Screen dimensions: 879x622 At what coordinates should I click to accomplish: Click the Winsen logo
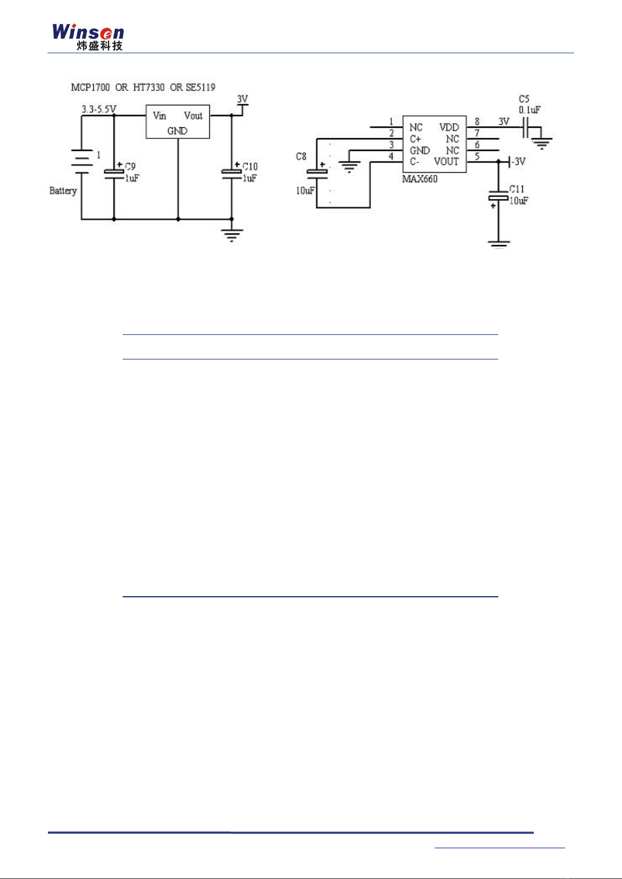coord(88,37)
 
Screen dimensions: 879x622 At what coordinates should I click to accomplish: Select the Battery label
coord(63,191)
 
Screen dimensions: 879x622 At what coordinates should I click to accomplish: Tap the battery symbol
coord(81,161)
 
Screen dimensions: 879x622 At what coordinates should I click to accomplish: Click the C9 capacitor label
coord(130,166)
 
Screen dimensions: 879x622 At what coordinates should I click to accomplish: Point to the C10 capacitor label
coord(250,166)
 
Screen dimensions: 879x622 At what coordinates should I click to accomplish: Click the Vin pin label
coord(160,116)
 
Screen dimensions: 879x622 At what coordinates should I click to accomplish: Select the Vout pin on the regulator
coord(193,116)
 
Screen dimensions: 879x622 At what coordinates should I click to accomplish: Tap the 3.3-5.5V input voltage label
coord(99,109)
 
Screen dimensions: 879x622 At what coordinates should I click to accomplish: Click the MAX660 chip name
coord(420,179)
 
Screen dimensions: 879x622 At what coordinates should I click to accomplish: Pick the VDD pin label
coord(449,127)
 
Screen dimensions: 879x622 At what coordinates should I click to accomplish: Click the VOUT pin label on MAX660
coord(446,162)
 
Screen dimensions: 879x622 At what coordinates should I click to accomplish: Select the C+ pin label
coord(415,139)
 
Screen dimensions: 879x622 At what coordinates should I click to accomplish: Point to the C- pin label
coord(414,162)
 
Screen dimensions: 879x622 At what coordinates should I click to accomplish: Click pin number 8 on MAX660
coord(477,122)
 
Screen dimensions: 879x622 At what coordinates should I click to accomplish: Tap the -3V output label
coord(517,161)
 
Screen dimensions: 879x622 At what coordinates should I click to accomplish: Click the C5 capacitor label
coord(524,99)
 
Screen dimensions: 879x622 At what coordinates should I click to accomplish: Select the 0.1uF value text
coord(529,110)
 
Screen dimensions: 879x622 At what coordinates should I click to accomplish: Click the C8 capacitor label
coord(301,156)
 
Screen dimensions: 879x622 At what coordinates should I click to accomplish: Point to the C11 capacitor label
coord(517,189)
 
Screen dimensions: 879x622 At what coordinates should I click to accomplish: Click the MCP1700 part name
coord(90,87)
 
